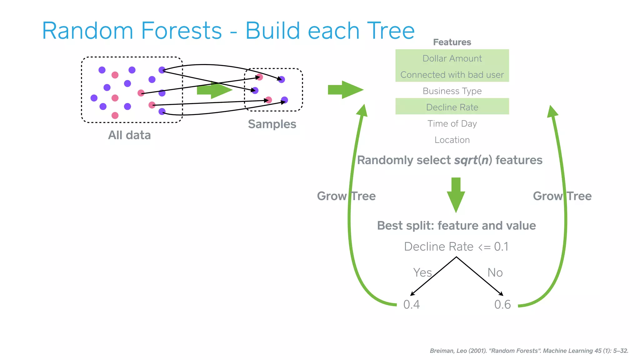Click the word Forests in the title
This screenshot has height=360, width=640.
pyautogui.click(x=181, y=31)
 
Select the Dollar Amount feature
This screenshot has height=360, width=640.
pyautogui.click(x=452, y=58)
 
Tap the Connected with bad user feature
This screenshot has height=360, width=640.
pyautogui.click(x=452, y=75)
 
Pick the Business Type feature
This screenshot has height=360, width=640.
pyautogui.click(x=452, y=91)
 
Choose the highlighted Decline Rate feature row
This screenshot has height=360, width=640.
pyautogui.click(x=452, y=107)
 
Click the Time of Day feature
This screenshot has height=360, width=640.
pyautogui.click(x=452, y=124)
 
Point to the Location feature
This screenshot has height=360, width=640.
pyautogui.click(x=452, y=140)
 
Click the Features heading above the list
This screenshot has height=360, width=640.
pyautogui.click(x=452, y=42)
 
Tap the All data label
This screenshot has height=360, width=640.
pyautogui.click(x=129, y=135)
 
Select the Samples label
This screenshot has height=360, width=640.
pyautogui.click(x=272, y=124)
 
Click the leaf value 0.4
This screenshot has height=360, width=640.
pyautogui.click(x=411, y=304)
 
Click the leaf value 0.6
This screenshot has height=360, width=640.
pyautogui.click(x=502, y=304)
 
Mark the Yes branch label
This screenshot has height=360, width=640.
pyautogui.click(x=422, y=272)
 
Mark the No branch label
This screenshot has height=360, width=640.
pyautogui.click(x=495, y=272)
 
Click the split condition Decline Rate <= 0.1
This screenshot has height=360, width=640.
pyautogui.click(x=456, y=247)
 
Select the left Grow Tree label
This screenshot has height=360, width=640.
pyautogui.click(x=346, y=196)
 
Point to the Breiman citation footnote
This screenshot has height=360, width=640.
pyautogui.click(x=529, y=351)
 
